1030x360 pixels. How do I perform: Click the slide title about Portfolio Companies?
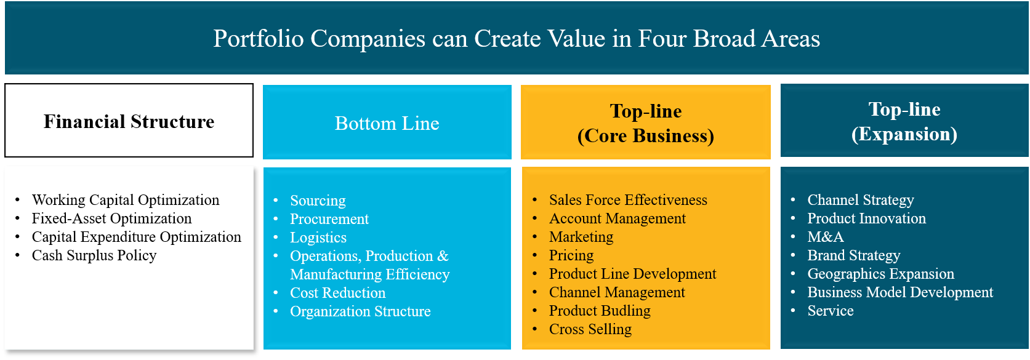(517, 38)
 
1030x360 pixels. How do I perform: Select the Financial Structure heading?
(129, 121)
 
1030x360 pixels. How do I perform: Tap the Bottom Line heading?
(387, 123)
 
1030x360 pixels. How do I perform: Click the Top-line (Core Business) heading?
(646, 123)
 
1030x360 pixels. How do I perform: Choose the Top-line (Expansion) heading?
(904, 121)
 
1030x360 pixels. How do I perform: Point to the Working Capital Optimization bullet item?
(126, 200)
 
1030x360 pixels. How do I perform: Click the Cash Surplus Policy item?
(94, 255)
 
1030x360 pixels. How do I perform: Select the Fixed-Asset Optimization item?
(111, 218)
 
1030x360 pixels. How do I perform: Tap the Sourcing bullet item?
(318, 201)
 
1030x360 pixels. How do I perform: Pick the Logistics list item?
(318, 238)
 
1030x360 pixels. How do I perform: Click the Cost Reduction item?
(338, 293)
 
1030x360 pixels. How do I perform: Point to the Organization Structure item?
(361, 311)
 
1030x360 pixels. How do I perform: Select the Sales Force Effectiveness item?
(628, 200)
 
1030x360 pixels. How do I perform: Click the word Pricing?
(571, 255)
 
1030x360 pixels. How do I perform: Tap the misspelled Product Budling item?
(600, 311)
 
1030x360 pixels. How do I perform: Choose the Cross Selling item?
(590, 329)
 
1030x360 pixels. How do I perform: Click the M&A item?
(826, 237)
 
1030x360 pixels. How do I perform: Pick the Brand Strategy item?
(854, 255)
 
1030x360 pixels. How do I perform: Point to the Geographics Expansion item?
(881, 274)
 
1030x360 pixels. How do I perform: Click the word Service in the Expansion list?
(831, 311)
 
